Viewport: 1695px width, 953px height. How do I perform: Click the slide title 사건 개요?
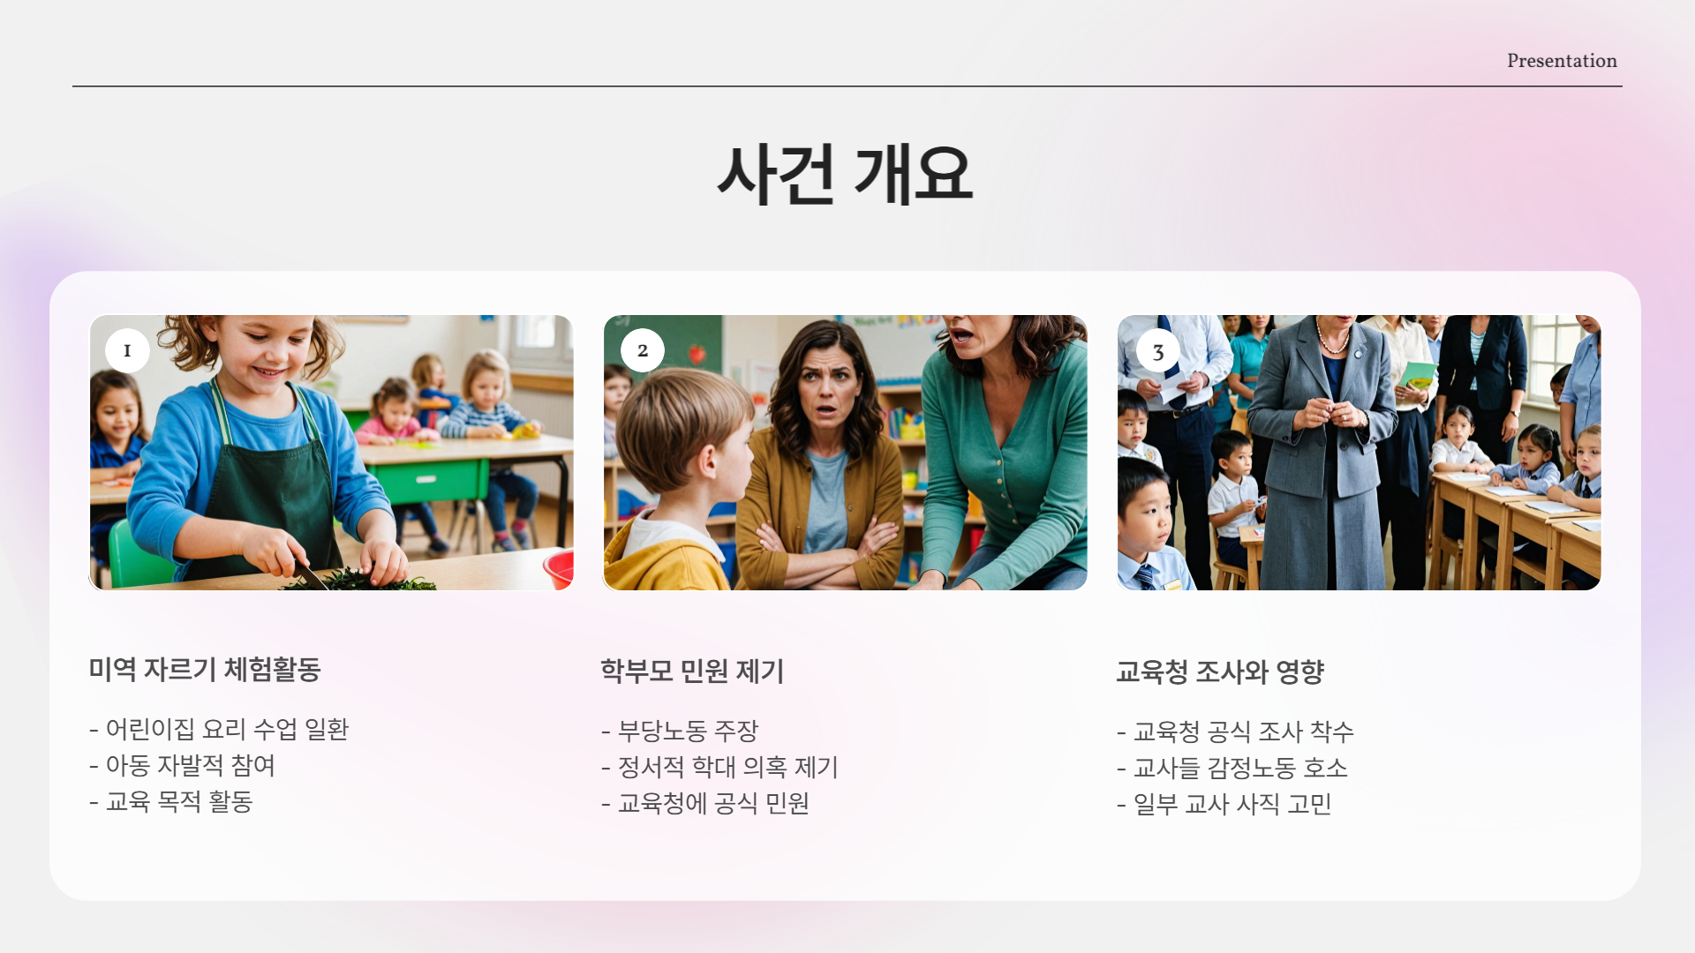(845, 174)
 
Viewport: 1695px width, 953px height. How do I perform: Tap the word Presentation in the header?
(1561, 61)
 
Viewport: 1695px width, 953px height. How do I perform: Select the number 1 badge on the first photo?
(127, 350)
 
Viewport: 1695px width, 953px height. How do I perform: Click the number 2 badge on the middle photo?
(642, 350)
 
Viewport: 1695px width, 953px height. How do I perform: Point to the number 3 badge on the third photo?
(1157, 352)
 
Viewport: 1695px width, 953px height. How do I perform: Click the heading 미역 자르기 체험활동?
(204, 670)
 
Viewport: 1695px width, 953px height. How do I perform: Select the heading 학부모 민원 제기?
(692, 672)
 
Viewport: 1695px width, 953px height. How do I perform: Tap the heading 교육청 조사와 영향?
(1219, 672)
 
